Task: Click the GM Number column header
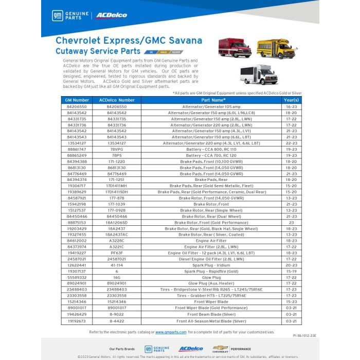point(77,100)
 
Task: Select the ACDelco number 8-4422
point(117,320)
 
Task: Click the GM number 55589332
point(77,277)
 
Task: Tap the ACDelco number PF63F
point(117,253)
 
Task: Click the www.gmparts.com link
point(171,332)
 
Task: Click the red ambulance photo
point(235,48)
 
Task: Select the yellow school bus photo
point(276,49)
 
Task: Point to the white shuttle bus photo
point(259,75)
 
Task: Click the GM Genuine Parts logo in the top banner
point(71,15)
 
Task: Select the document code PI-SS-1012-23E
point(304,335)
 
